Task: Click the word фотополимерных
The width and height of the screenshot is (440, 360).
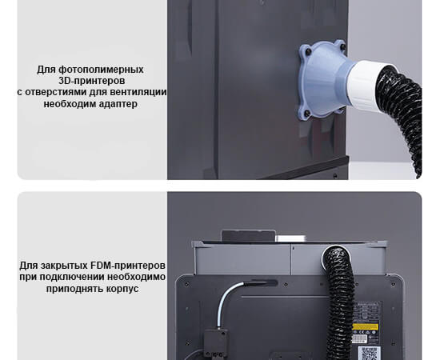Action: (x=102, y=70)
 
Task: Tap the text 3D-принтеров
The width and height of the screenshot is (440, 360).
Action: (x=92, y=81)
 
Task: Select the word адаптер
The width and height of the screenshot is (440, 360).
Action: (x=120, y=104)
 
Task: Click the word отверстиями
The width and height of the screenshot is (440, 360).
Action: (x=56, y=92)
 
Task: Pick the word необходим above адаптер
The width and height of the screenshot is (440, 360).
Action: (x=71, y=103)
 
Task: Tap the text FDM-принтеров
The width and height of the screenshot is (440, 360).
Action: (x=128, y=265)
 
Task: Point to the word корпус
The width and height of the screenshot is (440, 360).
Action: (x=122, y=289)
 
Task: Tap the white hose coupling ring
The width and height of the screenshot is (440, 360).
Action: (x=366, y=84)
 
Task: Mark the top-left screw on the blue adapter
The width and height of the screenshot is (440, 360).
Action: (x=309, y=52)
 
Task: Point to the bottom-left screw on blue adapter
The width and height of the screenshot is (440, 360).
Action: (x=307, y=113)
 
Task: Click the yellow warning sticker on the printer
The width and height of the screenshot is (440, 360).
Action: (x=366, y=327)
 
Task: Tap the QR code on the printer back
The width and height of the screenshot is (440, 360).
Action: (x=370, y=353)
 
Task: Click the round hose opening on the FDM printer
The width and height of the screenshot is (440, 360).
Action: (x=336, y=256)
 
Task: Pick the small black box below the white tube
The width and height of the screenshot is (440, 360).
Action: (x=216, y=338)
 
